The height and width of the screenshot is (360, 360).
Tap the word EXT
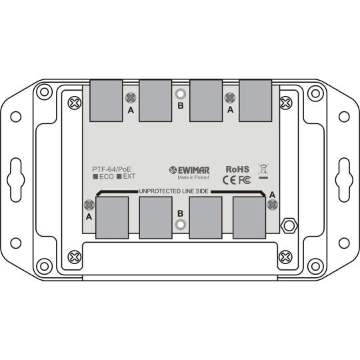coord(129,177)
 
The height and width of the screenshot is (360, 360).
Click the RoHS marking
coord(238,169)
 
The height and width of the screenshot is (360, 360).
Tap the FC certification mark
coord(245,179)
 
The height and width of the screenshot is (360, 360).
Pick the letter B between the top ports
coord(179,106)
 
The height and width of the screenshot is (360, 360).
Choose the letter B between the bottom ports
coord(179,213)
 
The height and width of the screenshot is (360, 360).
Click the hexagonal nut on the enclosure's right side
coord(289,225)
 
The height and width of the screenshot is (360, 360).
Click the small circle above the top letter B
coord(179,94)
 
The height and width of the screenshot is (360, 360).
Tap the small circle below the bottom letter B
coord(179,225)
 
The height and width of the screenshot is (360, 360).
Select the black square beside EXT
coord(119,177)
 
